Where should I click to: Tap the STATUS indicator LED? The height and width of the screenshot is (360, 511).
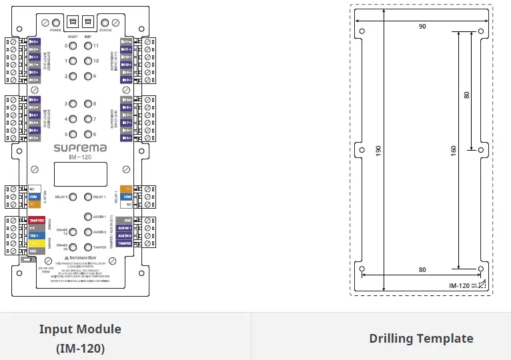pos(105,23)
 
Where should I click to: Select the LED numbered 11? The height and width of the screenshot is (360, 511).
pos(88,46)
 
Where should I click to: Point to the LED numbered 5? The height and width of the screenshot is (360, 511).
pos(73,134)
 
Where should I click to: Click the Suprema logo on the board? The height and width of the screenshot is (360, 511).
pos(80,148)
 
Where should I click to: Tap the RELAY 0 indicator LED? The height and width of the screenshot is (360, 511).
pos(73,197)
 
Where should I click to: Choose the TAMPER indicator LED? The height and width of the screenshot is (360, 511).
pos(88,247)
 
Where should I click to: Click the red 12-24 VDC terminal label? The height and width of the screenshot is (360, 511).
pos(36,220)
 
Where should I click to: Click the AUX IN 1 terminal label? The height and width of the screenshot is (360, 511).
pos(124,227)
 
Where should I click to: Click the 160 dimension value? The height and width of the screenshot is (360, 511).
pos(454,151)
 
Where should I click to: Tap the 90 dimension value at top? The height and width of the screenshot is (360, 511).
pos(422,27)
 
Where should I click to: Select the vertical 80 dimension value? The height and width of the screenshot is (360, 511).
pos(466,95)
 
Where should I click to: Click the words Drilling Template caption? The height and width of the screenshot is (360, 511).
pos(421,339)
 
